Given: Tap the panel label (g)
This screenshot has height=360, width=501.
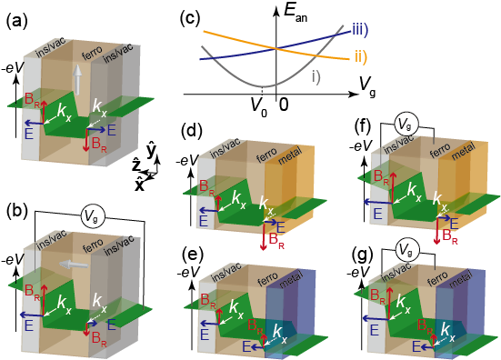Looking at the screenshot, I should (361, 238).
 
